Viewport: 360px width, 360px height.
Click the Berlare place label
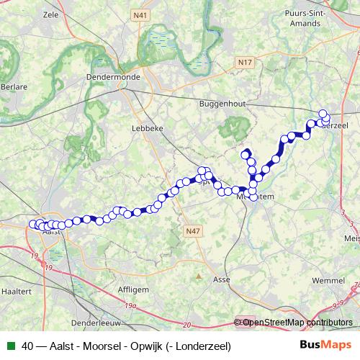14,86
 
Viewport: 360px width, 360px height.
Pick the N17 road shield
246,63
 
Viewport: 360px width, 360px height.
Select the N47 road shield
191,231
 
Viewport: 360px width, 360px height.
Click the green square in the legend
9,346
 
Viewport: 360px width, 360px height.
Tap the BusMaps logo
326,346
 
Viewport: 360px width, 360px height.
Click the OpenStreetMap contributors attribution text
297,323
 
